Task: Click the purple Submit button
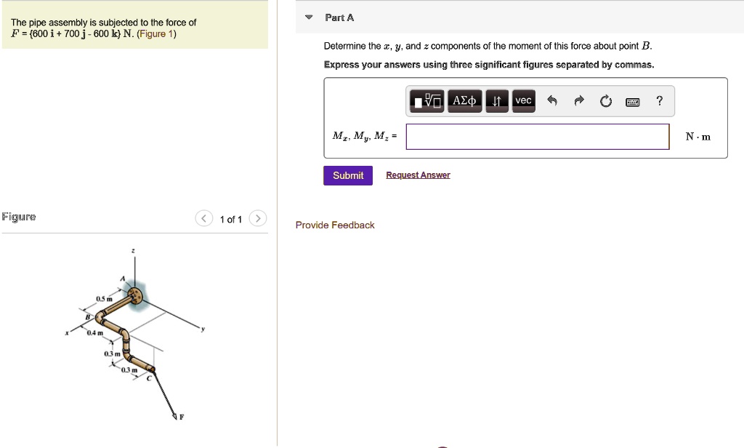click(x=348, y=175)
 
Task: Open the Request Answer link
click(x=418, y=175)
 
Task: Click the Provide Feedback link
click(x=335, y=225)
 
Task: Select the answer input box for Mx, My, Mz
click(x=537, y=137)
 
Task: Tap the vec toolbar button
click(x=523, y=101)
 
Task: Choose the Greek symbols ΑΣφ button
click(x=465, y=101)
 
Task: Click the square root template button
click(x=427, y=101)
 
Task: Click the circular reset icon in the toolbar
click(x=606, y=102)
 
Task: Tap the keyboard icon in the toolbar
click(x=632, y=102)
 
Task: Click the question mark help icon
click(x=659, y=101)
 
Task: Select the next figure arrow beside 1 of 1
click(x=258, y=219)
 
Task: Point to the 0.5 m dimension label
click(x=104, y=299)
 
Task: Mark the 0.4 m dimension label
click(x=94, y=334)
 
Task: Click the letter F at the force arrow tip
click(x=182, y=417)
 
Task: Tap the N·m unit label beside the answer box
click(x=697, y=137)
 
